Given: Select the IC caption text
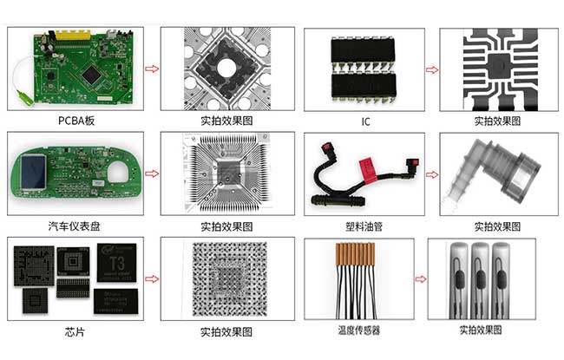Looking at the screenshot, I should [x=365, y=121].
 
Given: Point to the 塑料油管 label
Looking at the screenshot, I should [x=365, y=226].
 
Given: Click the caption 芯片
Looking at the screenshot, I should [x=75, y=331].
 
